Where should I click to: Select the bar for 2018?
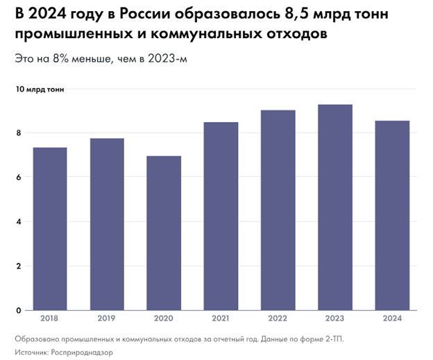(x=50, y=229)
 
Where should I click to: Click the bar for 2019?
(x=107, y=224)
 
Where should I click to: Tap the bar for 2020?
(x=164, y=233)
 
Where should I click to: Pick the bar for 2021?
(x=221, y=216)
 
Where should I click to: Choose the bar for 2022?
(x=278, y=210)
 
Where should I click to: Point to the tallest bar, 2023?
(x=335, y=207)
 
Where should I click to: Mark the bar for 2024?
(x=392, y=216)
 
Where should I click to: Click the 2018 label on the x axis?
(x=50, y=320)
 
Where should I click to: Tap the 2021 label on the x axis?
(x=221, y=320)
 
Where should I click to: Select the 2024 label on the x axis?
(x=392, y=320)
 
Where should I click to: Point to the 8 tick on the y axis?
(x=19, y=133)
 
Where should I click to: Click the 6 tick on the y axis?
(x=19, y=178)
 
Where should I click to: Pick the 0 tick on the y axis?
(x=19, y=310)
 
